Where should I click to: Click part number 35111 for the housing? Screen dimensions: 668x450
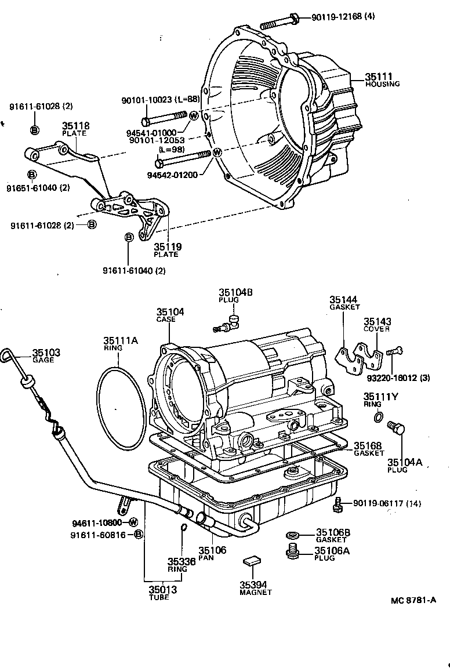(379, 76)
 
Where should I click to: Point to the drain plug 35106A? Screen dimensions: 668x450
(292, 551)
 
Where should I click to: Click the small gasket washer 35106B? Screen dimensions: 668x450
(292, 534)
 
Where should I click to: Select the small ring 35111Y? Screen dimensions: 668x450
(378, 416)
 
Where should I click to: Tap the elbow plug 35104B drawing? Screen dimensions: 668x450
(230, 322)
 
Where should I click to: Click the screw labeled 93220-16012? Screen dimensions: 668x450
(395, 350)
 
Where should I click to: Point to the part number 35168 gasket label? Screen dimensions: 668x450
(368, 445)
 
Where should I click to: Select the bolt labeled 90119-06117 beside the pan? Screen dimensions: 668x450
(338, 504)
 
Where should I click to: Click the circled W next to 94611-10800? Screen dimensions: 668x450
(133, 522)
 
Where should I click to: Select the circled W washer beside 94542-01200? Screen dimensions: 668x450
(217, 153)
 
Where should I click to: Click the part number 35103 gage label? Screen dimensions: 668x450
(46, 353)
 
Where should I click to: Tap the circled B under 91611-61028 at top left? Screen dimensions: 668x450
(34, 129)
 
